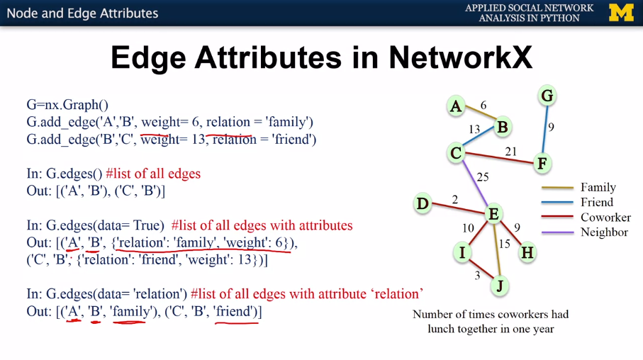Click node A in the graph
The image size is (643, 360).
[456, 107]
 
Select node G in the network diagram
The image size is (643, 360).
[547, 96]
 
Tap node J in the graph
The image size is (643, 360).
[499, 286]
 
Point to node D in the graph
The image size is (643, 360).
[423, 204]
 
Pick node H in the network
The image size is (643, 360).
[527, 252]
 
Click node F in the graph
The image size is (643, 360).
[542, 164]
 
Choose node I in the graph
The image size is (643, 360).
[462, 252]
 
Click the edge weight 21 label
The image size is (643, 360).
[510, 151]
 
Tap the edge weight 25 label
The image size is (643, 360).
[483, 176]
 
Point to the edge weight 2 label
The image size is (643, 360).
[454, 200]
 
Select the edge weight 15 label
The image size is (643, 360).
[504, 244]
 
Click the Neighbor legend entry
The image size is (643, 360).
[604, 232]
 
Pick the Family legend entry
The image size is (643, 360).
[598, 188]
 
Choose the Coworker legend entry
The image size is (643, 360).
[605, 218]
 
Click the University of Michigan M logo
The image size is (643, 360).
[621, 13]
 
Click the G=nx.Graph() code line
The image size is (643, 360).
[67, 105]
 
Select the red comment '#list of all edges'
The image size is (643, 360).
[153, 174]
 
